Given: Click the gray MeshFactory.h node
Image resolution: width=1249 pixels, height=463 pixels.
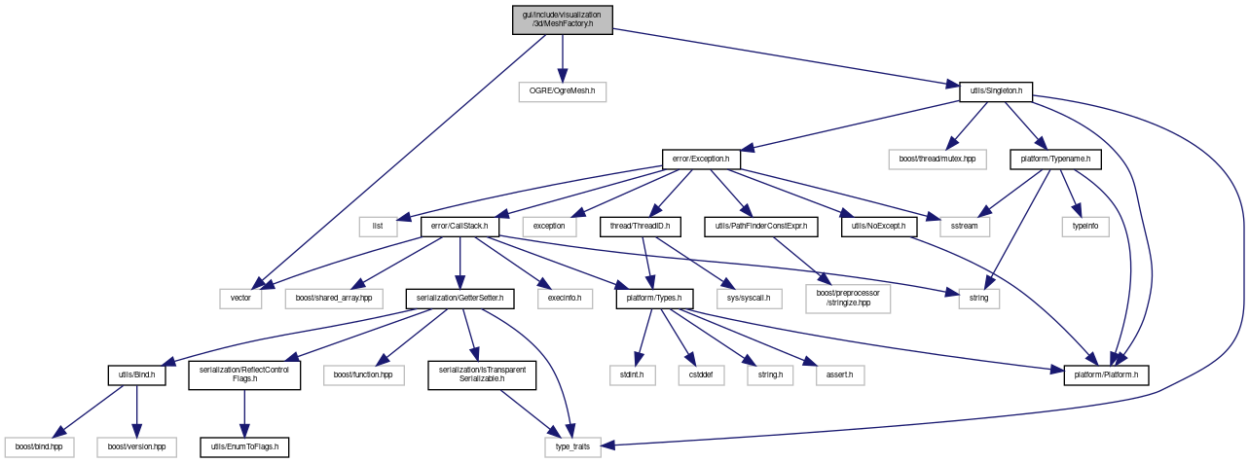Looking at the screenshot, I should (x=562, y=20).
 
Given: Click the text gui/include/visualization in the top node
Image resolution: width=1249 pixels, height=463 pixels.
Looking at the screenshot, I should (x=562, y=15).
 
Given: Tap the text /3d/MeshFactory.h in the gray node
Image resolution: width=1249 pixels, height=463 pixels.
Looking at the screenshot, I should (x=562, y=25).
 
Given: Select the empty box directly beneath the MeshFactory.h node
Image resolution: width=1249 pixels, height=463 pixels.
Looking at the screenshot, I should (x=562, y=92).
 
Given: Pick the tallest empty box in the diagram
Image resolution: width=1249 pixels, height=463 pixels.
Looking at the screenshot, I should (x=848, y=299).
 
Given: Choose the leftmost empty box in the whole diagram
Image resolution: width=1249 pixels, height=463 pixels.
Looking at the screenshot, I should (x=39, y=447).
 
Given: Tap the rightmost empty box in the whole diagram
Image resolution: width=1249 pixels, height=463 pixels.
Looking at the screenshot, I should (x=1084, y=227).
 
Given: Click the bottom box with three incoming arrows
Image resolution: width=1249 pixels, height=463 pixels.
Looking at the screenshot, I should (x=572, y=447).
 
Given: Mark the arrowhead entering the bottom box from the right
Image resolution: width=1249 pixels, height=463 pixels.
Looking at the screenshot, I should (x=609, y=445).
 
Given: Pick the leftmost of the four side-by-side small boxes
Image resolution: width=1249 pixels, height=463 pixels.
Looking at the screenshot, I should (x=633, y=375).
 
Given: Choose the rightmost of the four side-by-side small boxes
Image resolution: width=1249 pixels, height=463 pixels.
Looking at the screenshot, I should (x=840, y=375).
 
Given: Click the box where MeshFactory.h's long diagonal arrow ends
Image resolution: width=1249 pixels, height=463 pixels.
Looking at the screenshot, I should (x=240, y=299).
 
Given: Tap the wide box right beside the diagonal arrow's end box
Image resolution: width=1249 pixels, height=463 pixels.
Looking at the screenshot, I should (x=333, y=299).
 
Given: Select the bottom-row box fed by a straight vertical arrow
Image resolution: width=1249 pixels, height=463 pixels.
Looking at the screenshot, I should (x=136, y=447).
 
